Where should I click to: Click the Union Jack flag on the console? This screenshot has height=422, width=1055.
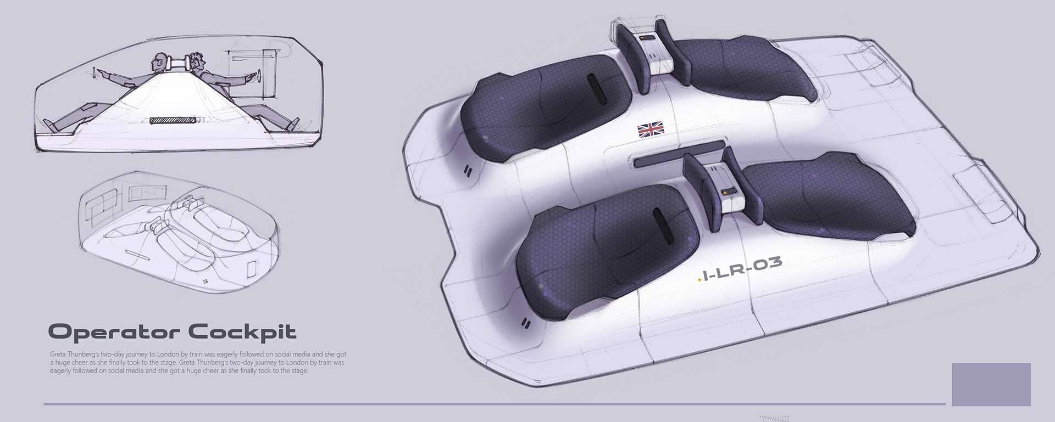(651, 130)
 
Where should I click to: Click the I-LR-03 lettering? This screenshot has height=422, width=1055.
(742, 270)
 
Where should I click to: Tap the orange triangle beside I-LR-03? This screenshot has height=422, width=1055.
(699, 280)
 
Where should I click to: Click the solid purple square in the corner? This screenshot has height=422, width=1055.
(991, 384)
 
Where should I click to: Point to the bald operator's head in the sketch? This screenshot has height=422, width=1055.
(159, 61)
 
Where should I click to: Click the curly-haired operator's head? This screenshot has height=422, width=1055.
(197, 60)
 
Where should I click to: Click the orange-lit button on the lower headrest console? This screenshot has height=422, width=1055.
(729, 193)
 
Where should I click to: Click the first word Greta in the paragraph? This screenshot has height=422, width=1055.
(58, 355)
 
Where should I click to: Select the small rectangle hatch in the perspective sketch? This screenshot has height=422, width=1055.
(252, 270)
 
